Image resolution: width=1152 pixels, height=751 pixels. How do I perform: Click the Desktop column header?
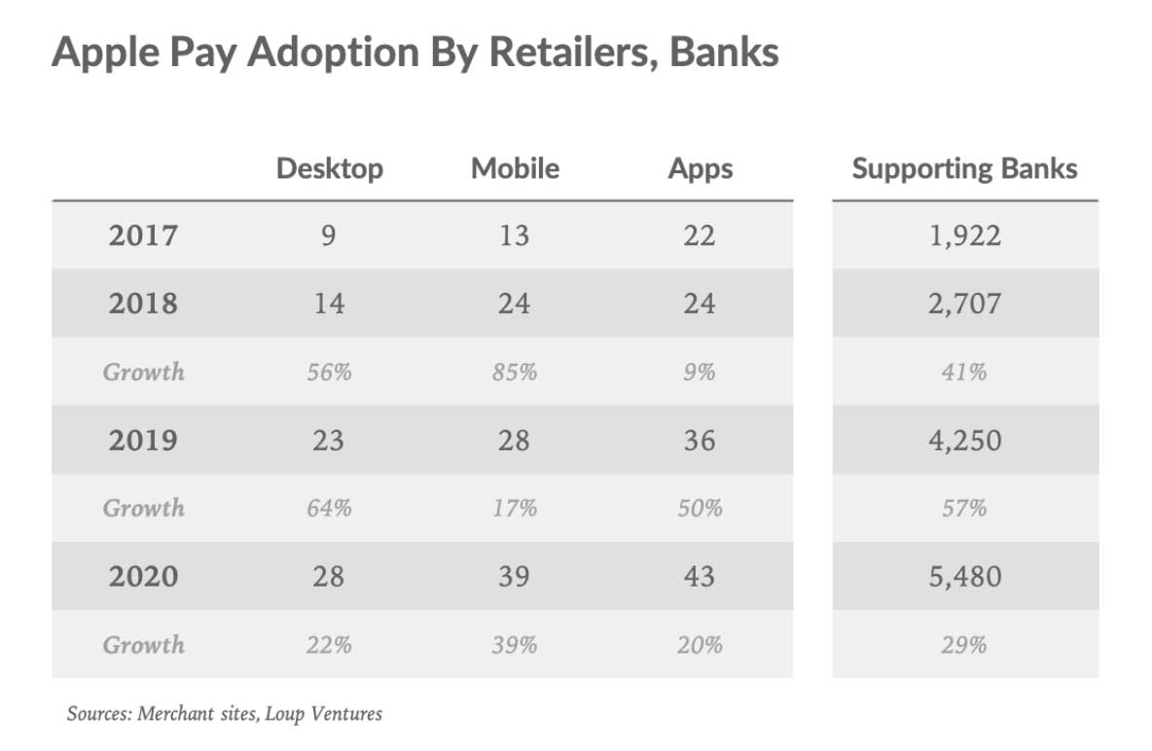coord(329,168)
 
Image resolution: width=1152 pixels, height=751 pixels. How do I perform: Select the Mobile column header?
coord(515,168)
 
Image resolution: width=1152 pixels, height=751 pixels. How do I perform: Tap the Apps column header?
coord(700,168)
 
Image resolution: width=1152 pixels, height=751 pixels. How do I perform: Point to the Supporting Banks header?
coord(964,168)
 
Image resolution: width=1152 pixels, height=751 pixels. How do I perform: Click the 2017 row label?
coord(143,235)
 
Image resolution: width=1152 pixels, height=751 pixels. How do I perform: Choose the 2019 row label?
coord(143,440)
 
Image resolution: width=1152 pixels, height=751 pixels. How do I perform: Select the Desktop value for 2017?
coord(329,235)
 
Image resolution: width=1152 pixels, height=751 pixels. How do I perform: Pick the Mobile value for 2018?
coord(514,304)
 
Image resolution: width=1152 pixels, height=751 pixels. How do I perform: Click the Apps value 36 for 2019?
coord(700,440)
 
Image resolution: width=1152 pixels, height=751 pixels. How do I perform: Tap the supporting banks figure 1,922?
coord(964,235)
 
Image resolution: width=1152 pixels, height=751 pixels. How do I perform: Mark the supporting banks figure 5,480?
coord(964,576)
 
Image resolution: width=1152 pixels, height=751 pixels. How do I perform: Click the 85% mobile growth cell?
coord(514,372)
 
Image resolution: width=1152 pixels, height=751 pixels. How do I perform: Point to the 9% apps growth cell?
coord(700,372)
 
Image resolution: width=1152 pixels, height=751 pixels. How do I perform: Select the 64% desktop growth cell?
coord(329,508)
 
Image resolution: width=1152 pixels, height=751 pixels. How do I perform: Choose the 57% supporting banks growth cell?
coord(964,508)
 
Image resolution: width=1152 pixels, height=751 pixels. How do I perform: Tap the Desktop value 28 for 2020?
coord(329,576)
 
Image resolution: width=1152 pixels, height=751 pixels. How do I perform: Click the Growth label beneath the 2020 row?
coord(143,644)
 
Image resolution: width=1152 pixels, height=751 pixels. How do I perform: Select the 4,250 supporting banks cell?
coord(964,440)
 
